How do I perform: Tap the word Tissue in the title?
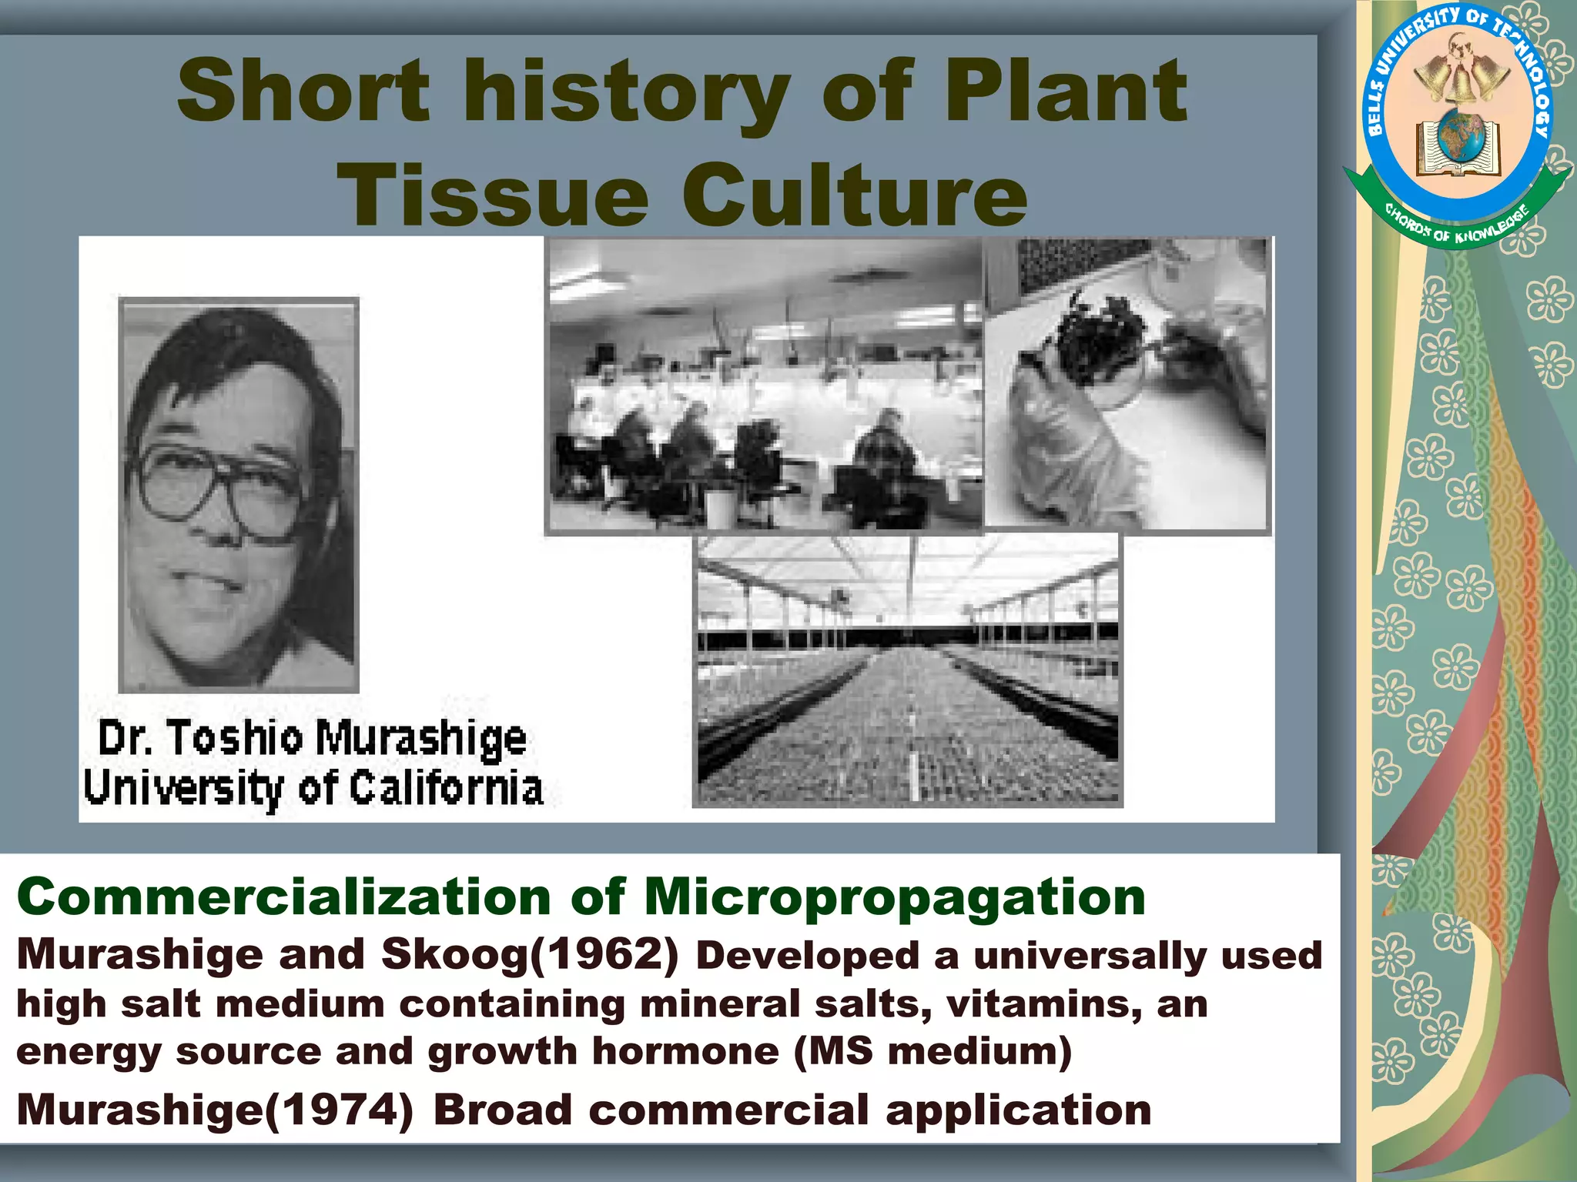pyautogui.click(x=493, y=194)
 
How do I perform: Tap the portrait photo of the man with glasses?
pyautogui.click(x=239, y=495)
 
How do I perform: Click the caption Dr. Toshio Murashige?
pyautogui.click(x=313, y=737)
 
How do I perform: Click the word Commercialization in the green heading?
pyautogui.click(x=283, y=897)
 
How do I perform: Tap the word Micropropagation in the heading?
pyautogui.click(x=895, y=899)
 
